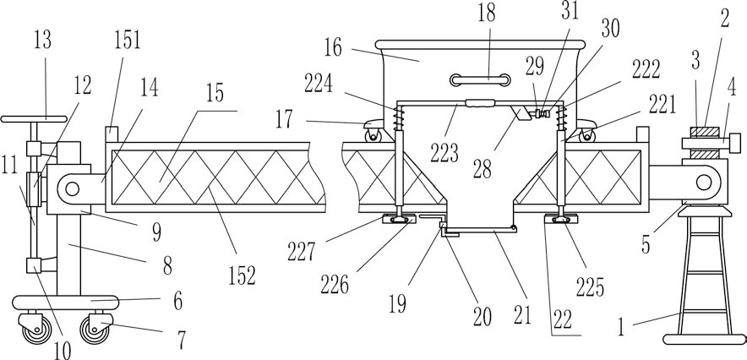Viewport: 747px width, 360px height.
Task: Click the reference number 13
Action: pos(42,40)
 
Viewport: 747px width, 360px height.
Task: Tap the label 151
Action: pos(128,40)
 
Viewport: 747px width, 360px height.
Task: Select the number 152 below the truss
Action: pos(242,275)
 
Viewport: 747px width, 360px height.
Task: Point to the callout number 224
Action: pos(319,85)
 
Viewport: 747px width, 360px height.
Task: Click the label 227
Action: pos(301,252)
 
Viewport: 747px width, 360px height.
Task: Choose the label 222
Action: pos(646,70)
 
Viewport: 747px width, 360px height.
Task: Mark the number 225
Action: pos(590,286)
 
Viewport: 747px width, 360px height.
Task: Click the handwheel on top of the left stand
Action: pos(33,118)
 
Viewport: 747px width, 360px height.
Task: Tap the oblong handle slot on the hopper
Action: pos(480,80)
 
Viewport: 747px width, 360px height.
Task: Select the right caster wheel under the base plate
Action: pos(95,330)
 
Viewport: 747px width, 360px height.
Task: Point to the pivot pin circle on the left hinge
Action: pos(72,189)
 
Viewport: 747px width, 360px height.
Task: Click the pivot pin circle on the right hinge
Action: pos(704,183)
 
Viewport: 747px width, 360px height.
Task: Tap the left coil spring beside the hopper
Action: pos(399,119)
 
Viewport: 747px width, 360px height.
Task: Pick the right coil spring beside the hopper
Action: pos(562,118)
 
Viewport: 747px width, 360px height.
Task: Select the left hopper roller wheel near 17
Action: pos(372,136)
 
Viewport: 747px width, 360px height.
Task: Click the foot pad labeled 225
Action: pos(561,219)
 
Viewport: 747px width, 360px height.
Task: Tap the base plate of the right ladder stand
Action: pos(704,339)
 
